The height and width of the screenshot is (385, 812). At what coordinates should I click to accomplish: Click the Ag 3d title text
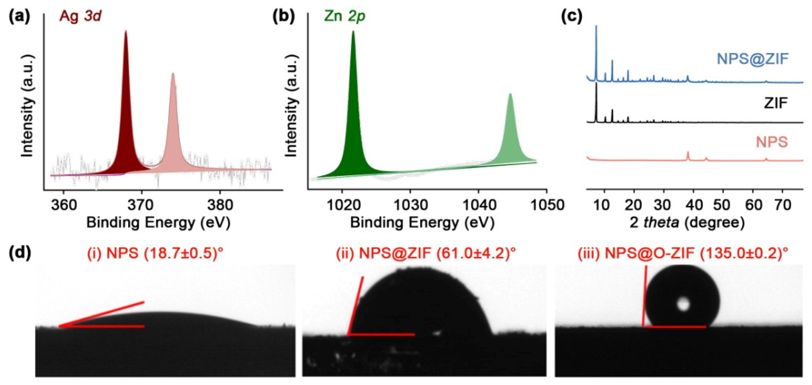coord(80,16)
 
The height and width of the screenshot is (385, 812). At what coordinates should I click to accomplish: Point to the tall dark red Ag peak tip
coord(126,32)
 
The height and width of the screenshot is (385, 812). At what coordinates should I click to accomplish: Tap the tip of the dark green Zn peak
coord(353,32)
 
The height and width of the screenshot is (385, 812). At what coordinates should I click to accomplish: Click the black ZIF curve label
coord(775,103)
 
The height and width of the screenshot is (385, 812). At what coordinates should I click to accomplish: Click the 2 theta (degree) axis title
coord(687,223)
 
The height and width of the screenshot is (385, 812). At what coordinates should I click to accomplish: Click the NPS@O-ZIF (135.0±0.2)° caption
coord(682,253)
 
